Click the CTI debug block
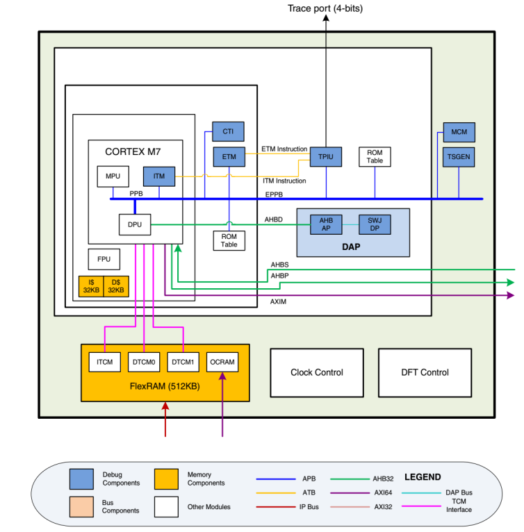point(228,131)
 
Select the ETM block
point(229,157)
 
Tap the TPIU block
point(326,157)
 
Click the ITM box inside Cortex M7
point(159,176)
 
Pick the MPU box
point(113,176)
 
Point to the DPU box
point(135,224)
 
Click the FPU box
point(104,259)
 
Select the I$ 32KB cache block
point(91,287)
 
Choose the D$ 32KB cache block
point(116,287)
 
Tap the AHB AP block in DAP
point(326,224)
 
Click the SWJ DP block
point(375,224)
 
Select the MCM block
point(459,132)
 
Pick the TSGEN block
point(459,157)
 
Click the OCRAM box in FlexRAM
point(222,362)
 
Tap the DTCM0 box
point(144,362)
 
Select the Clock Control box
point(316,372)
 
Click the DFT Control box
point(425,372)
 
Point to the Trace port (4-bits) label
point(325,8)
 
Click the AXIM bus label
point(279,302)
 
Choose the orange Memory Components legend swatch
point(168,479)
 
